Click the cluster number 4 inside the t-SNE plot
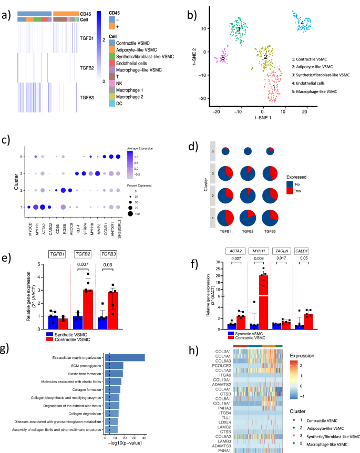[302, 23]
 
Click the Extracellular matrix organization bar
[125, 357]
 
